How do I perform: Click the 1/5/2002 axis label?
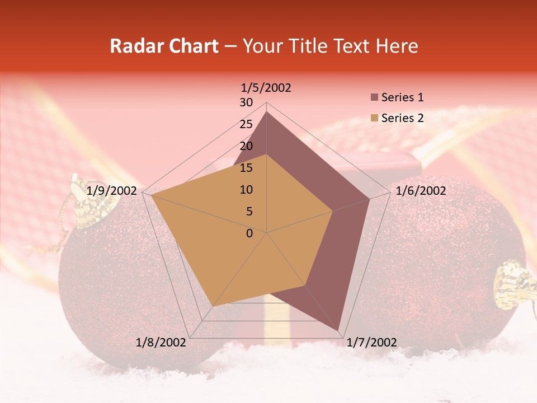point(266,88)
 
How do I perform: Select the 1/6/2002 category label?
point(421,191)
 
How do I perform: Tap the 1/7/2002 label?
point(371,342)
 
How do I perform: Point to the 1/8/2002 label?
point(161,342)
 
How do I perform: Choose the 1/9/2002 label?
point(112,191)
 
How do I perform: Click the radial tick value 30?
point(246,102)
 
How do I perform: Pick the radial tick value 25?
point(246,124)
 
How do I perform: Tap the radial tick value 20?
point(246,146)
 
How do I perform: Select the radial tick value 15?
point(246,168)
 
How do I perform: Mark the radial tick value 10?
point(246,190)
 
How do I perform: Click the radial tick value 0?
point(249,233)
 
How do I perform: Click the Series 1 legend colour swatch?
point(374,98)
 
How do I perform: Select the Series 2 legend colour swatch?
point(374,118)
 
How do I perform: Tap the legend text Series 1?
point(402,97)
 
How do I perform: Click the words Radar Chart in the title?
point(164,46)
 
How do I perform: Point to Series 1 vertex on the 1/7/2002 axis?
point(339,331)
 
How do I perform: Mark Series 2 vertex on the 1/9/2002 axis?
point(151,195)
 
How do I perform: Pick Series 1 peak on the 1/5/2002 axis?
point(267,112)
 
